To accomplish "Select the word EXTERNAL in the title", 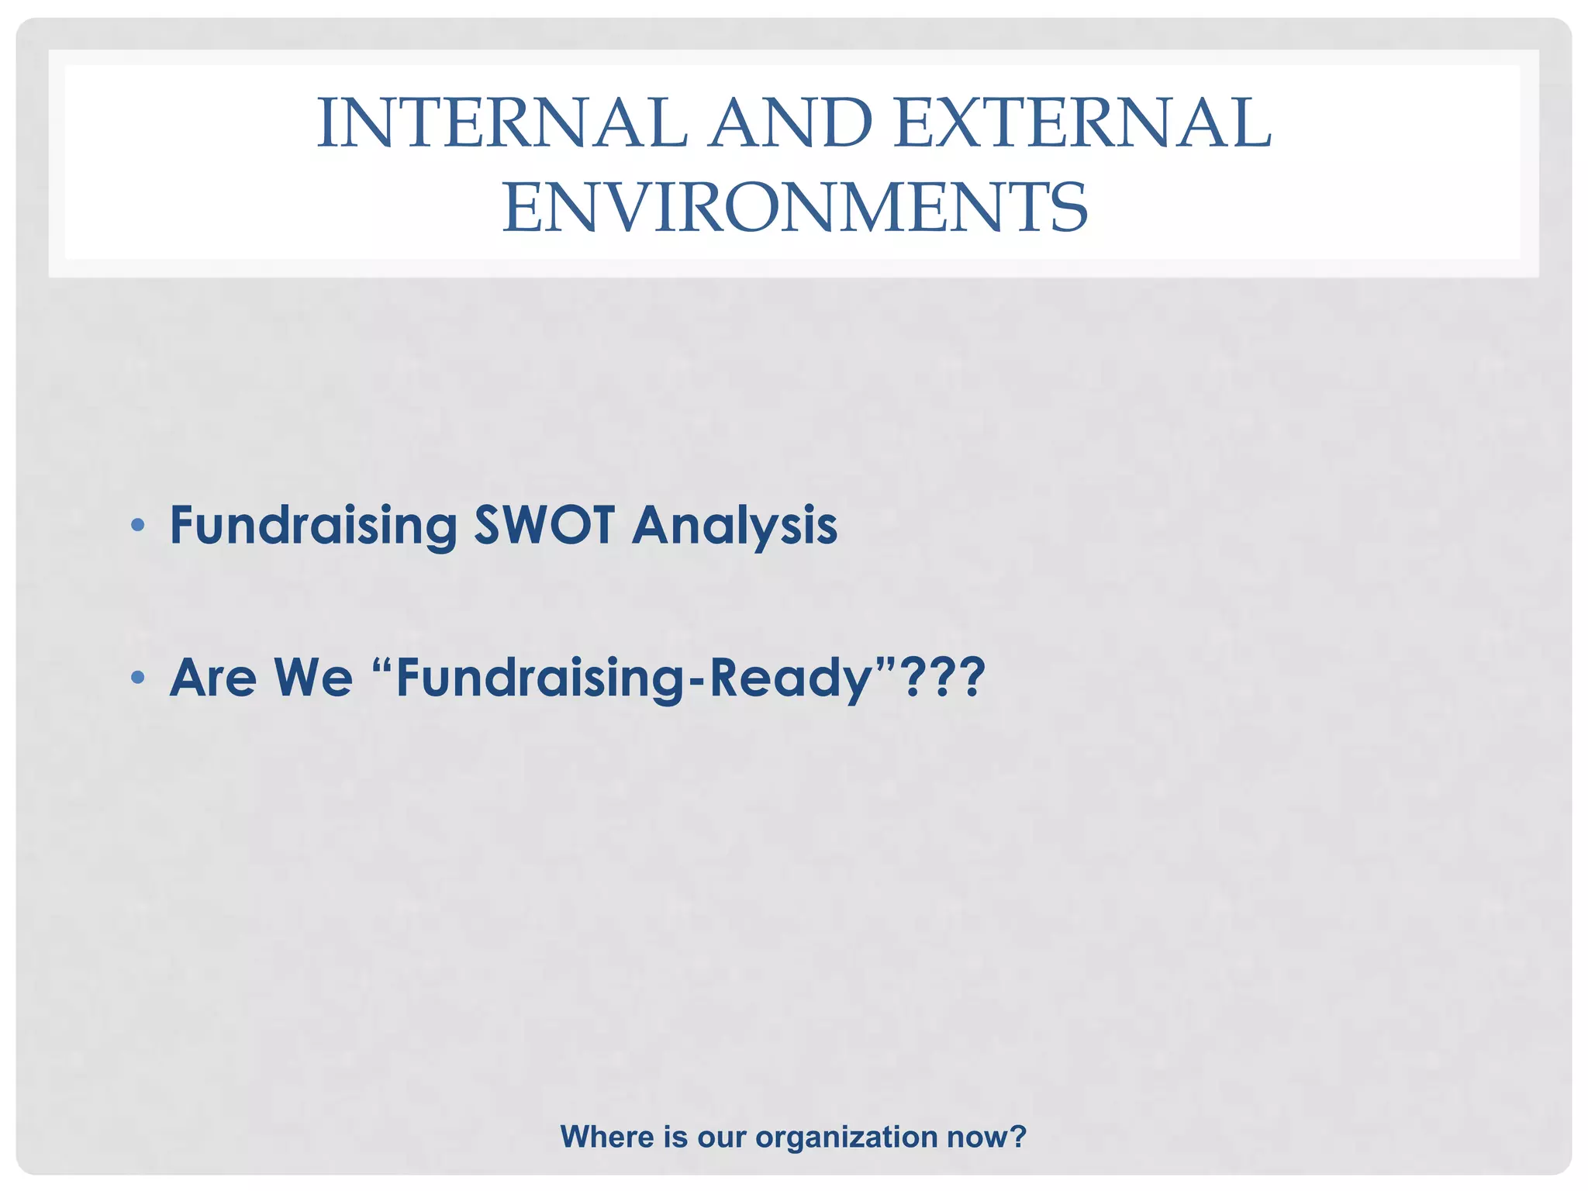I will [x=1082, y=123].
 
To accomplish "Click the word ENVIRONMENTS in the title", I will [x=795, y=207].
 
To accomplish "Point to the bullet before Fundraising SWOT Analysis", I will [x=138, y=526].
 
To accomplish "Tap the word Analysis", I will [x=734, y=526].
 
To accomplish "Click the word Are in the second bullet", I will [x=212, y=678].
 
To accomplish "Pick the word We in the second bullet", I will [x=313, y=678].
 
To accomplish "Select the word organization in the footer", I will [x=847, y=1137].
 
